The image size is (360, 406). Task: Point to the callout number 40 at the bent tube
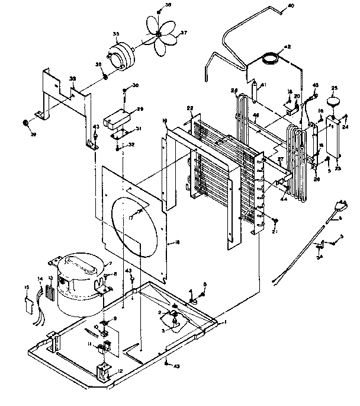coord(290,6)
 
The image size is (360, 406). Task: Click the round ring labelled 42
coord(271,58)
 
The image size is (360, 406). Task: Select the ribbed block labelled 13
coord(50,293)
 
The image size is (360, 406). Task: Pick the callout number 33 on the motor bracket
coord(73,79)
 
